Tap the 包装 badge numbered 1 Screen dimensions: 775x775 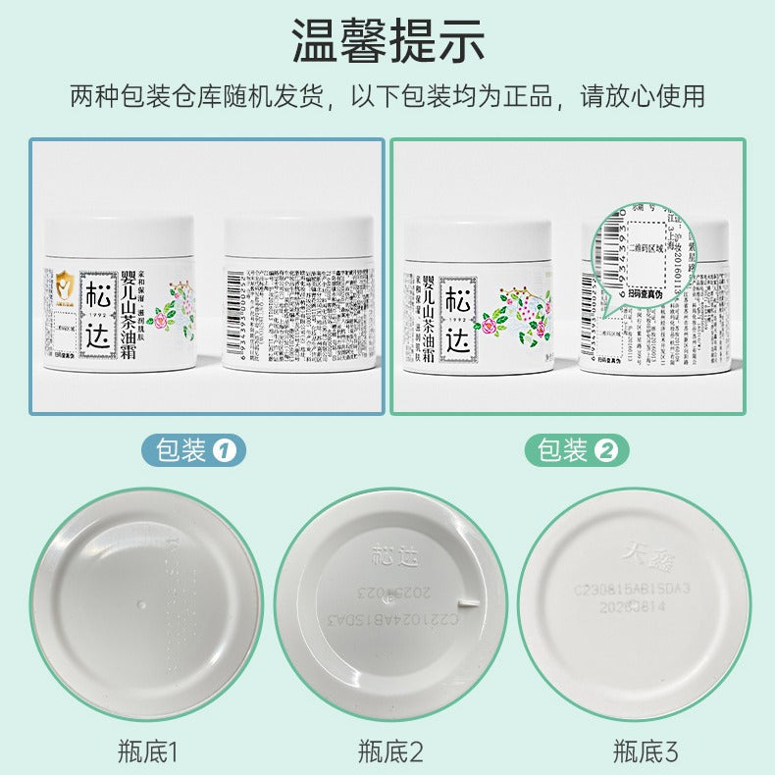[x=193, y=450]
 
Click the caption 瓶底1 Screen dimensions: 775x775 [x=143, y=752]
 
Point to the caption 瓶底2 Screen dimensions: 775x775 [x=389, y=752]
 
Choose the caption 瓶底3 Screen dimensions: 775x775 [x=645, y=752]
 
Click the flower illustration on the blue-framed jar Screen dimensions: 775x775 [x=174, y=305]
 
